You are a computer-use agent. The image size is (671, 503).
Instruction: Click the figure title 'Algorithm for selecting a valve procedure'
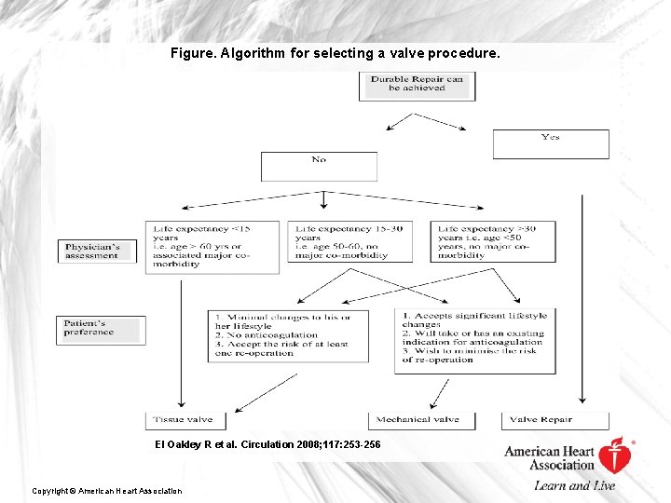[x=335, y=54]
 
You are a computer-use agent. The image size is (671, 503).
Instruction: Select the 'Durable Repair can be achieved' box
[x=417, y=85]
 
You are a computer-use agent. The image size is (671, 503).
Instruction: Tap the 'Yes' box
[x=551, y=144]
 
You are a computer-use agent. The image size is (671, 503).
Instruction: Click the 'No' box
[x=319, y=166]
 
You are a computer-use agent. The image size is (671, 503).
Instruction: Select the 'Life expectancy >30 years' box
[x=493, y=241]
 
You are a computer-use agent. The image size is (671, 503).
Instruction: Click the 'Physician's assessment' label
[x=97, y=251]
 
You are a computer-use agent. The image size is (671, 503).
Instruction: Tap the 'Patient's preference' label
[x=101, y=330]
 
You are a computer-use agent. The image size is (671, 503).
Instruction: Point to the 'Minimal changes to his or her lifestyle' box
[x=288, y=335]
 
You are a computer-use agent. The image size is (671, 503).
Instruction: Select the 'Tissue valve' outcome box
[x=185, y=421]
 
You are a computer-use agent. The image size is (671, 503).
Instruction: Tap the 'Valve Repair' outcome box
[x=555, y=421]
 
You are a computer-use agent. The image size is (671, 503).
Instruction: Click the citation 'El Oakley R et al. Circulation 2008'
[x=267, y=444]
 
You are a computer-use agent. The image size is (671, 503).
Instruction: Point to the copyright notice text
[x=107, y=491]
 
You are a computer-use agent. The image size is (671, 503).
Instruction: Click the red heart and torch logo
[x=615, y=455]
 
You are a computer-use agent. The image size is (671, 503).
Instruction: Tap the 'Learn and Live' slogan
[x=575, y=485]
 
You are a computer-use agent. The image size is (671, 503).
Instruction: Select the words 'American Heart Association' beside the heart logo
[x=549, y=457]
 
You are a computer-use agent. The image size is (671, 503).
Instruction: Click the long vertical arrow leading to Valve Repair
[x=582, y=298]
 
